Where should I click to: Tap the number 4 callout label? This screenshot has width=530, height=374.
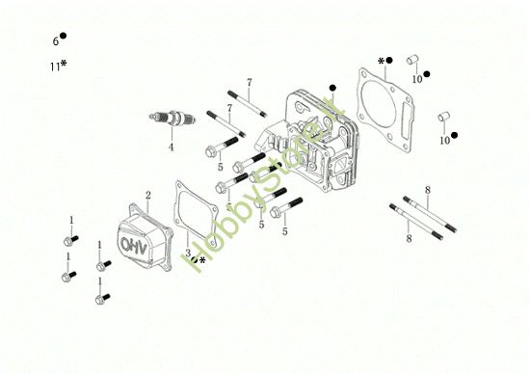(171, 147)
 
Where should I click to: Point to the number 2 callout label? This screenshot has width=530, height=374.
(147, 196)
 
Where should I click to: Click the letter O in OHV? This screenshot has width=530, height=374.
(129, 246)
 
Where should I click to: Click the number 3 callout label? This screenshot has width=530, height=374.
(187, 254)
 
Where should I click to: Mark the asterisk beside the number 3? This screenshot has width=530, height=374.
(202, 259)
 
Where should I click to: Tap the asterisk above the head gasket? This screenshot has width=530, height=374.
(381, 61)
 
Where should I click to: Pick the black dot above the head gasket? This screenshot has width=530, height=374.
(390, 61)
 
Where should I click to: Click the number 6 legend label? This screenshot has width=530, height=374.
(55, 41)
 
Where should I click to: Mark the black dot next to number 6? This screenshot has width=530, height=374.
(63, 37)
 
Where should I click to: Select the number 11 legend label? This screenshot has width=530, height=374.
(54, 67)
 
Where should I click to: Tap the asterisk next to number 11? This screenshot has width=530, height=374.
(64, 65)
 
